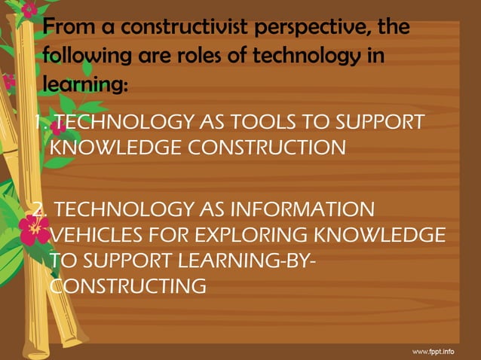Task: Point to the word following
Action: pos(84,57)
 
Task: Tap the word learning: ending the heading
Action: pos(84,85)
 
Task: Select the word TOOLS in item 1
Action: pos(266,122)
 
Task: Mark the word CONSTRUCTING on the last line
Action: pos(127,286)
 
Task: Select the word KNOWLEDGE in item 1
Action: pos(124,147)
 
